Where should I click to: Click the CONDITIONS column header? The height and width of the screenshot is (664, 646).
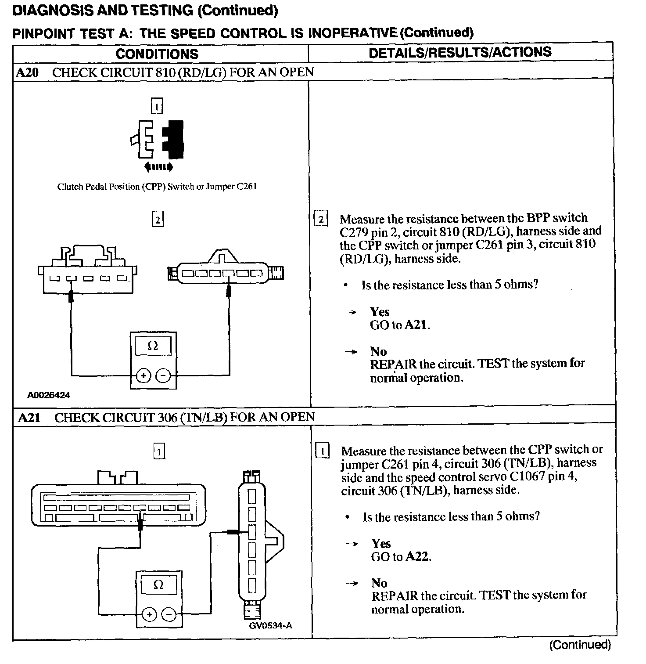pos(157,54)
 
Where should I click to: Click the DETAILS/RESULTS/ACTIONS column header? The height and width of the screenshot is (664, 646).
pos(460,52)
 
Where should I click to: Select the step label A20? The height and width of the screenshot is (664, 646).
pos(27,72)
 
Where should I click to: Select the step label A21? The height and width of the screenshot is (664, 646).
pos(29,417)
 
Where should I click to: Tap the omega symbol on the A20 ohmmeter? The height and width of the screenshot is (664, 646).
pos(153,346)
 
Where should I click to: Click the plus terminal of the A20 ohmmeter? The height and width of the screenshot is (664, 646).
pos(144,375)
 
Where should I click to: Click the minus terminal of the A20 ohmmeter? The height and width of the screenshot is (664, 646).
pos(163,375)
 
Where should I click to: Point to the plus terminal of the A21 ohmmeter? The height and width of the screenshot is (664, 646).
pos(149,614)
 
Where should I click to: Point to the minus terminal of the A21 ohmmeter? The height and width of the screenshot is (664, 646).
pos(169,614)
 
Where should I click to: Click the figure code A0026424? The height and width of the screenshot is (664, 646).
pos(49,395)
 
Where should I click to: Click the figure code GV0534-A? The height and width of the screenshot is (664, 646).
pos(270,625)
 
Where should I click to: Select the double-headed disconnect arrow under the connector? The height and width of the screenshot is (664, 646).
pos(158,167)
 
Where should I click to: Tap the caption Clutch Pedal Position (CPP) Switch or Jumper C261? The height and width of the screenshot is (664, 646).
pos(157,187)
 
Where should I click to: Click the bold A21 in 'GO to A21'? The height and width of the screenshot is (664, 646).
pos(416,325)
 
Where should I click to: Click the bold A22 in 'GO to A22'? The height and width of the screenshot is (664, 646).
pos(417,557)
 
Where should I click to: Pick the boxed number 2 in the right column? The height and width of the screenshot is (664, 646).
pos(321,219)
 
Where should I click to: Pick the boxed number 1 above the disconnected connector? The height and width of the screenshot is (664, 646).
pos(157,106)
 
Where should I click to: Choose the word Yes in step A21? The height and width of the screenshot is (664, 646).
pos(381,544)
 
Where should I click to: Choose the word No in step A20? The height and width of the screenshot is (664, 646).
pos(378,351)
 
